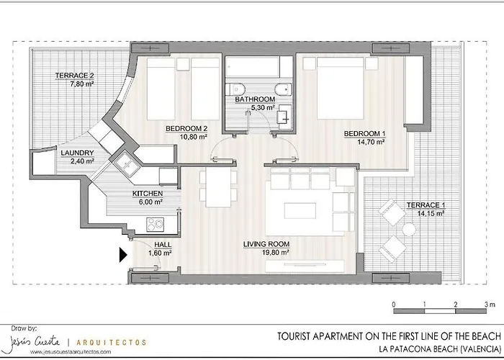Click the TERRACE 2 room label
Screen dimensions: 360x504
[76, 76]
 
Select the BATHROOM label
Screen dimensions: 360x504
[258, 99]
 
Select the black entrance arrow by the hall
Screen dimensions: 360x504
[122, 254]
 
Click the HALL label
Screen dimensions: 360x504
[163, 245]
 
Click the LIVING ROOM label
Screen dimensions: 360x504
[266, 245]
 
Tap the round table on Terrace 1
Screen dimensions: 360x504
[409, 230]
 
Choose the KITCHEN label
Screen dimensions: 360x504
[147, 194]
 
